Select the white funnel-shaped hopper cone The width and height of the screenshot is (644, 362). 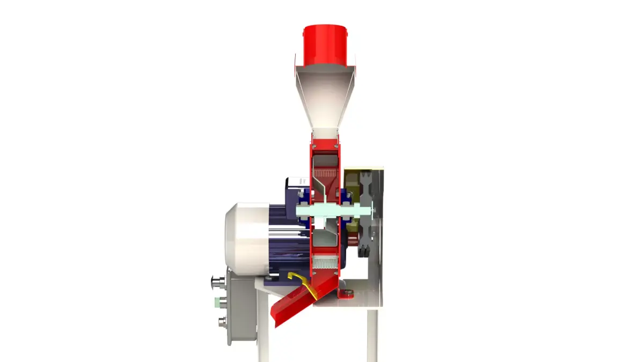click(325, 99)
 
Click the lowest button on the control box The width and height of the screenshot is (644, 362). click(221, 323)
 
